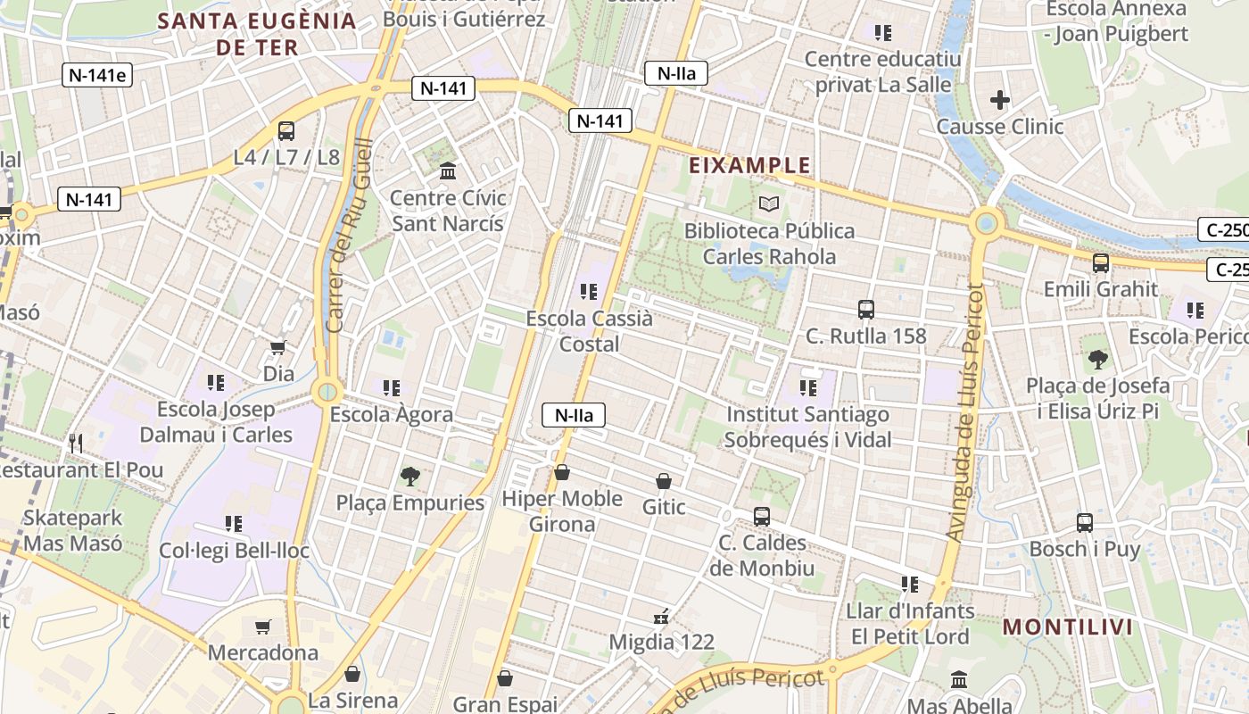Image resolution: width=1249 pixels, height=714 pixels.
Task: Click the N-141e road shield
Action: (98, 75)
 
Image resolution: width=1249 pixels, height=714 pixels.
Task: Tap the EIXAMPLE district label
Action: (749, 165)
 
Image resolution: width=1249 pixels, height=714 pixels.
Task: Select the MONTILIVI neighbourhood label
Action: (1068, 627)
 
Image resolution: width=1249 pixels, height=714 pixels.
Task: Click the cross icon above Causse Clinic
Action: (1000, 100)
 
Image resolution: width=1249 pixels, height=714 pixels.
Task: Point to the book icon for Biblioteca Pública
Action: (769, 203)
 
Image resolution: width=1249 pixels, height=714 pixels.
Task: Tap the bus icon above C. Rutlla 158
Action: (865, 310)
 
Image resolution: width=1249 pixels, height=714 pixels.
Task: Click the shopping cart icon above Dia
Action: (278, 347)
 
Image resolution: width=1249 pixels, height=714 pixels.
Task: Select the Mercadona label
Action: (263, 652)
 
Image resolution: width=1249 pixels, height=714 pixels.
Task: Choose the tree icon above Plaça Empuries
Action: (409, 476)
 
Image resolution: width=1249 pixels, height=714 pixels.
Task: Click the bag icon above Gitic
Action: (664, 481)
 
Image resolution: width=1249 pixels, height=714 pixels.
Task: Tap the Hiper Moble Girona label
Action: (562, 511)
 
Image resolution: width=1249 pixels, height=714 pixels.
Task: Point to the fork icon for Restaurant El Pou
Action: (77, 443)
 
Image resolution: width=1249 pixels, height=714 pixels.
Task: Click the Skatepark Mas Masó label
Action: (73, 530)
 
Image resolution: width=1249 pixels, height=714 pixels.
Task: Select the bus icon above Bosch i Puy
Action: (1085, 522)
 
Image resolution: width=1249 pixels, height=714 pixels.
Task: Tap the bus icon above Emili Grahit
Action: (1101, 262)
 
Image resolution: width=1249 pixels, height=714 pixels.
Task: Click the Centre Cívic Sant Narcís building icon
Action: (448, 170)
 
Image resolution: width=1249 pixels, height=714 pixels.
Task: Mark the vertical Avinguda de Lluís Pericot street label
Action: (964, 412)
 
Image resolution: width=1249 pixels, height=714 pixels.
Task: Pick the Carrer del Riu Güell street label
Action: (349, 237)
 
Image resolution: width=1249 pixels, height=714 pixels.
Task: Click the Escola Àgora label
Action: (392, 414)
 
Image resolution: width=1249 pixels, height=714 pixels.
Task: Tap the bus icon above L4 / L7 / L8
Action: (286, 130)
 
